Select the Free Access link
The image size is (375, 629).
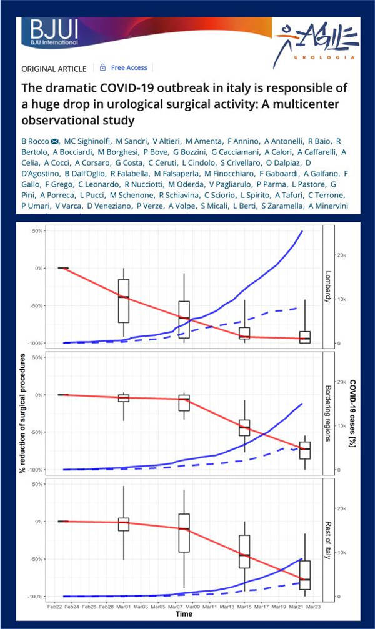point(129,67)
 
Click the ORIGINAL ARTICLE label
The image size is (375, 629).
point(55,68)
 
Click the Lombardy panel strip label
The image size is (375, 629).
point(328,287)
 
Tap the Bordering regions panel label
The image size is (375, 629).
point(328,413)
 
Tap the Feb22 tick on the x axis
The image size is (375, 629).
point(54,605)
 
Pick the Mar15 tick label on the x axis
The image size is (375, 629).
point(244,605)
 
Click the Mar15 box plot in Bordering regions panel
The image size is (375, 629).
point(244,427)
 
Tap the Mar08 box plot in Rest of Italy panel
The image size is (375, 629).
point(184,533)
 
